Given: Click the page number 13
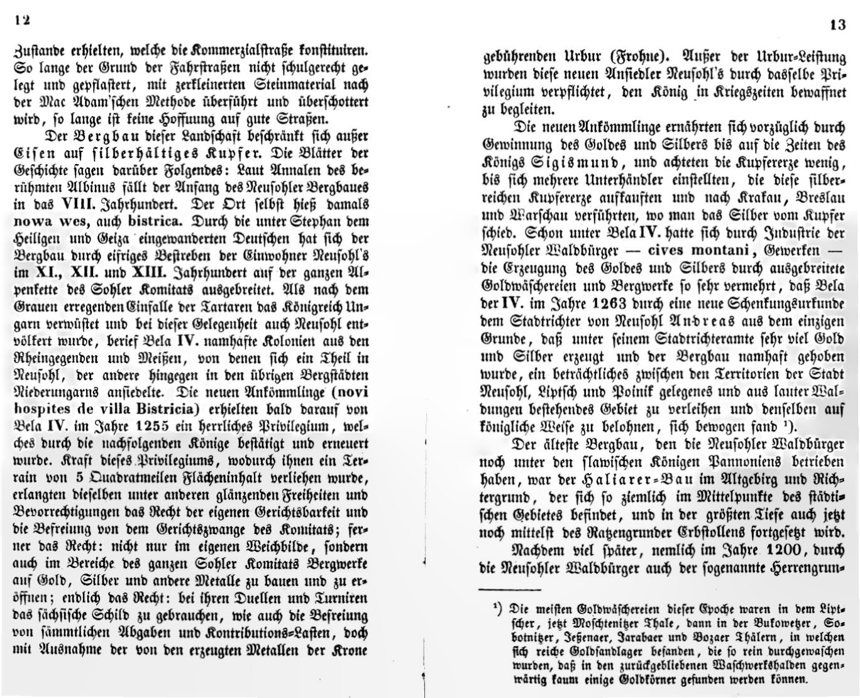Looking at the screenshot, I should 837,26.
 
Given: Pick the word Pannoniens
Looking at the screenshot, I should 729,462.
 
